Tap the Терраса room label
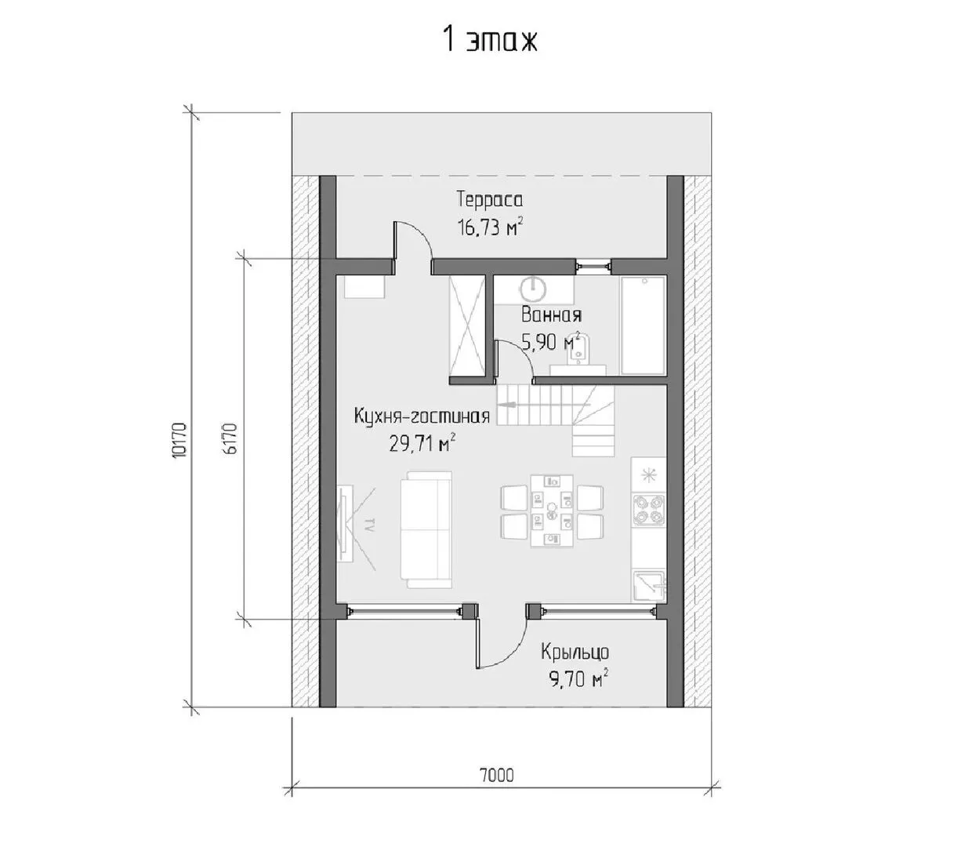point(490,200)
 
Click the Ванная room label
point(551,315)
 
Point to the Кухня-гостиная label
point(422,416)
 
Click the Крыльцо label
point(575,653)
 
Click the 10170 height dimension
point(179,440)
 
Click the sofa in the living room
point(426,529)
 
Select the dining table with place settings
point(552,511)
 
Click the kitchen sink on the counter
point(649,586)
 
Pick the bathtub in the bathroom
point(643,325)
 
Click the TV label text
point(369,525)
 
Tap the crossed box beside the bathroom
point(467,325)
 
